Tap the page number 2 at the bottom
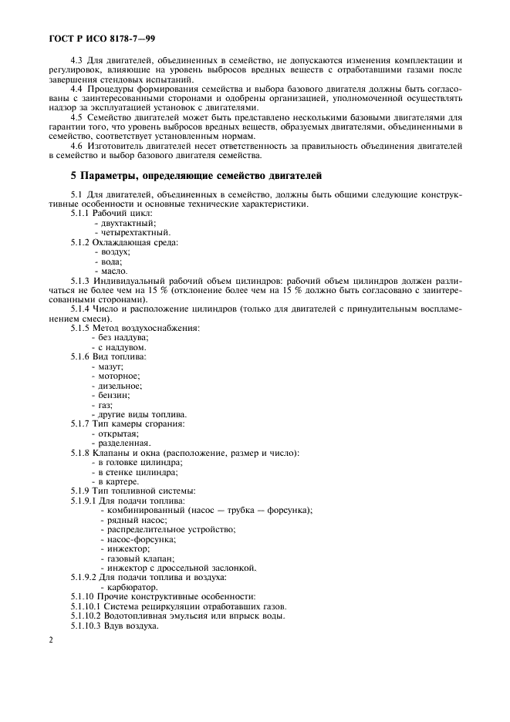[x=50, y=641]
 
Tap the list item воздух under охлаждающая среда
[x=114, y=252]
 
